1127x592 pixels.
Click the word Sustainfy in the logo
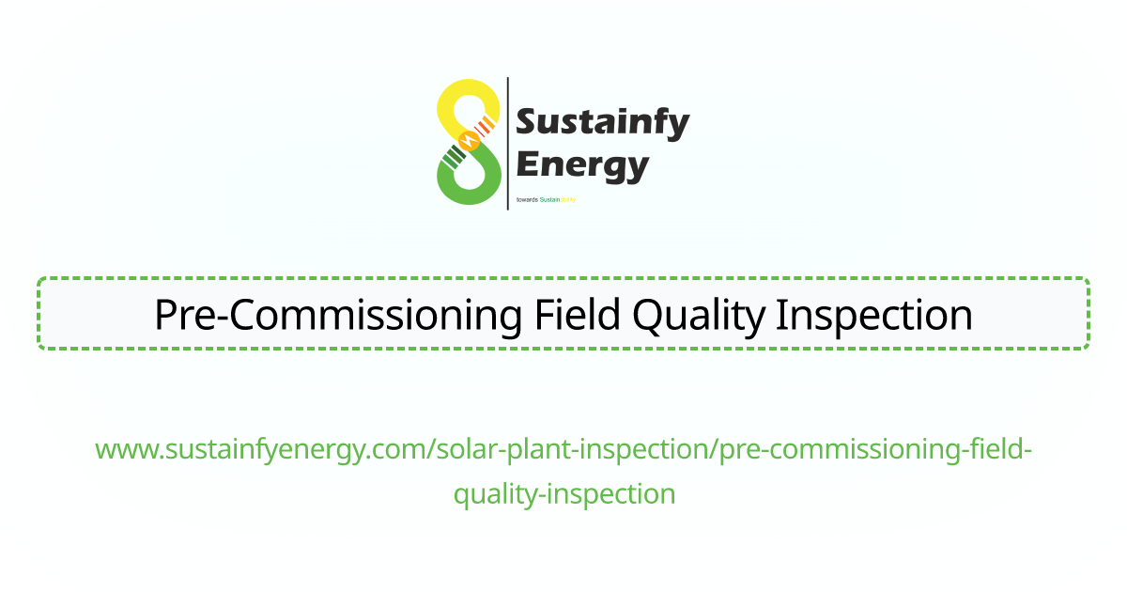point(603,122)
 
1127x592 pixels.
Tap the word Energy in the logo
point(582,165)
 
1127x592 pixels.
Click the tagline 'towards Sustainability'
point(546,199)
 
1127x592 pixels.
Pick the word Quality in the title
point(700,315)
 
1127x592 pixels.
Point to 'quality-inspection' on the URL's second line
point(564,493)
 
